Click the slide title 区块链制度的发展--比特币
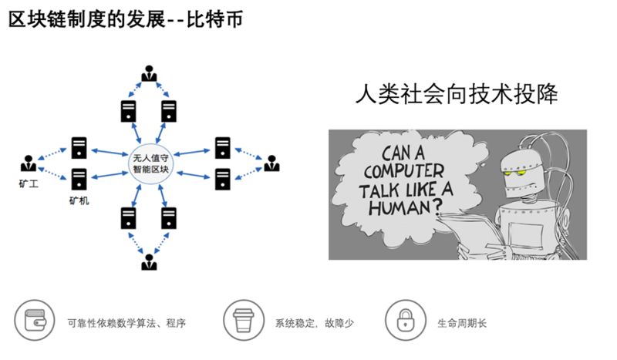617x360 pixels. (126, 19)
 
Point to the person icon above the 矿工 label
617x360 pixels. (29, 163)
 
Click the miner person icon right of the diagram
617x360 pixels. (271, 163)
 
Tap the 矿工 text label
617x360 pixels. (29, 184)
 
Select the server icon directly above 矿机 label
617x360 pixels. (79, 178)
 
